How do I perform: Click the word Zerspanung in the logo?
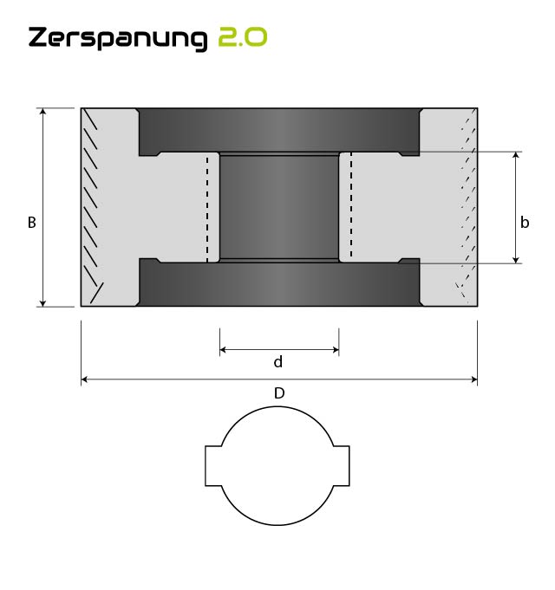(118, 38)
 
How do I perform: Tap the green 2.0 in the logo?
(242, 37)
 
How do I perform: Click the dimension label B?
(31, 223)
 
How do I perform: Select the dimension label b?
(525, 223)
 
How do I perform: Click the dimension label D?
(279, 393)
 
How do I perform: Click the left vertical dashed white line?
(207, 208)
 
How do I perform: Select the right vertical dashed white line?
(349, 208)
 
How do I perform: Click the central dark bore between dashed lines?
(278, 207)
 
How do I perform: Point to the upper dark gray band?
(278, 130)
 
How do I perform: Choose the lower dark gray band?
(278, 284)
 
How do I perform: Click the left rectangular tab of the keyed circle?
(213, 466)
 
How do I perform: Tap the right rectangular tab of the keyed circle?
(342, 466)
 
